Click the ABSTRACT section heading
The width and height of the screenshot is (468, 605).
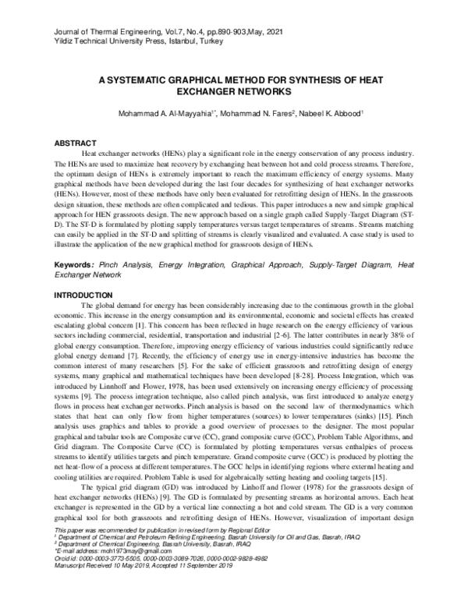click(75, 143)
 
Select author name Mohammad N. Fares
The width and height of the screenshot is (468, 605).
click(256, 115)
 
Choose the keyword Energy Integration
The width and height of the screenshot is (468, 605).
click(190, 265)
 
